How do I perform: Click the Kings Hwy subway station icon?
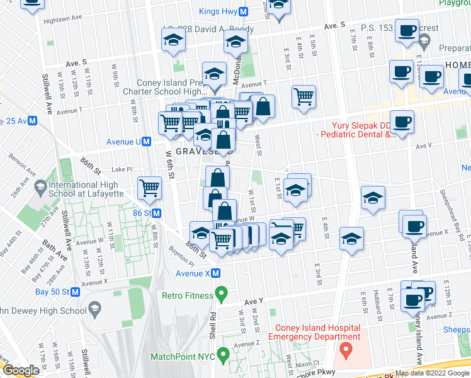(x=243, y=11)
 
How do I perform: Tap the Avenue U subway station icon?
(x=146, y=142)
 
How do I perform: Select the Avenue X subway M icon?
(x=215, y=273)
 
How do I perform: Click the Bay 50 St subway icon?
(x=75, y=292)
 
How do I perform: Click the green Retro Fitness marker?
(x=221, y=294)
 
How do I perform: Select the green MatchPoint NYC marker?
(x=221, y=357)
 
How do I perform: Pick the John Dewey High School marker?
(x=95, y=309)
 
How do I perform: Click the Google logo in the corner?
(x=21, y=370)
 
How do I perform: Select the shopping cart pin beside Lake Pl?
(x=150, y=188)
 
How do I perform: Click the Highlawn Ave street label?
(x=64, y=21)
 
